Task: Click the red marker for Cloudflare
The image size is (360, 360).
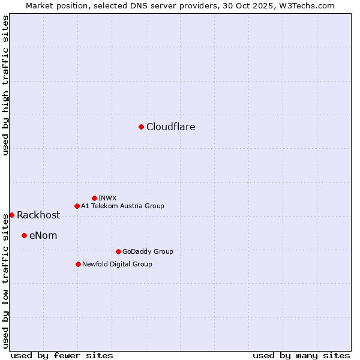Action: pos(141,127)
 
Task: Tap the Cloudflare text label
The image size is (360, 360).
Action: pos(171,127)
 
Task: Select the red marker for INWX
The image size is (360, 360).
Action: pos(94,198)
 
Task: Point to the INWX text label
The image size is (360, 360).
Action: pos(107,198)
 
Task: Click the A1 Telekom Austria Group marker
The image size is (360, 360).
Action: pos(77,206)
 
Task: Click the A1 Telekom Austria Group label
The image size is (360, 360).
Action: pos(122,206)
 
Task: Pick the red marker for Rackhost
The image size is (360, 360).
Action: pos(11,215)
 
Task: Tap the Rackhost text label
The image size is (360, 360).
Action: pos(38,215)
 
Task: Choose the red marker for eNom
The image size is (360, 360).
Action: pos(24,235)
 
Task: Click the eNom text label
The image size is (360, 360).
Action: pos(43,236)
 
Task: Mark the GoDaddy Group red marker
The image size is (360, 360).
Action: pos(118,251)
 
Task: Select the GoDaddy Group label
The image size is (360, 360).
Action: pos(148,251)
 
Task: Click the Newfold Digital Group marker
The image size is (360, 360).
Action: pos(78,264)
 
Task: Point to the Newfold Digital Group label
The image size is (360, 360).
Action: pos(117,264)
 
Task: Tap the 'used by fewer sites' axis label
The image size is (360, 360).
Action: pos(62,355)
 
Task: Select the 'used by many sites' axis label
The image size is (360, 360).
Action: pos(301,355)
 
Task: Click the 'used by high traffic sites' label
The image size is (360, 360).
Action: pos(5,86)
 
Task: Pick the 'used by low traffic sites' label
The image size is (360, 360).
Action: pos(5,280)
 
